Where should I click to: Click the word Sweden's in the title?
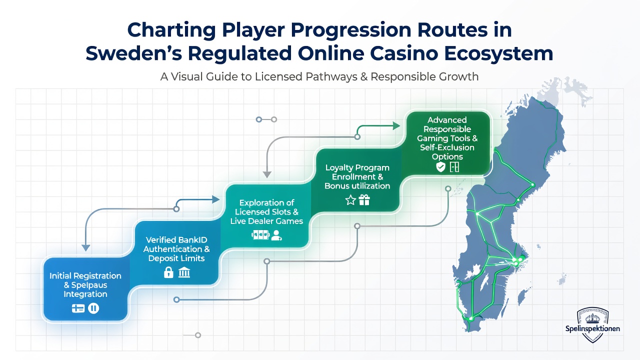133,53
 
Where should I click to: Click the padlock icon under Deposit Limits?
168,272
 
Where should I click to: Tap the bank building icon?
184,272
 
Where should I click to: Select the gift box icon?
364,200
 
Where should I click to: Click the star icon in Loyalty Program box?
350,200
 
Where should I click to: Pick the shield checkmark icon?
440,167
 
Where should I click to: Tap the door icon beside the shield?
454,167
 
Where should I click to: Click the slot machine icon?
260,235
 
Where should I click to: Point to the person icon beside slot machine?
276,235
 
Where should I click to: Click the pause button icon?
93,308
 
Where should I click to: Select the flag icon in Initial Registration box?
78,308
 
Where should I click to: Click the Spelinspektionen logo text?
592,328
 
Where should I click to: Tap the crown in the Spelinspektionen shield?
592,318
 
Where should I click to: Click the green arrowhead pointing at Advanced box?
396,125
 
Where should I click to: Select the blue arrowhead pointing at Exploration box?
215,199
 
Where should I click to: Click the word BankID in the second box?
191,239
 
